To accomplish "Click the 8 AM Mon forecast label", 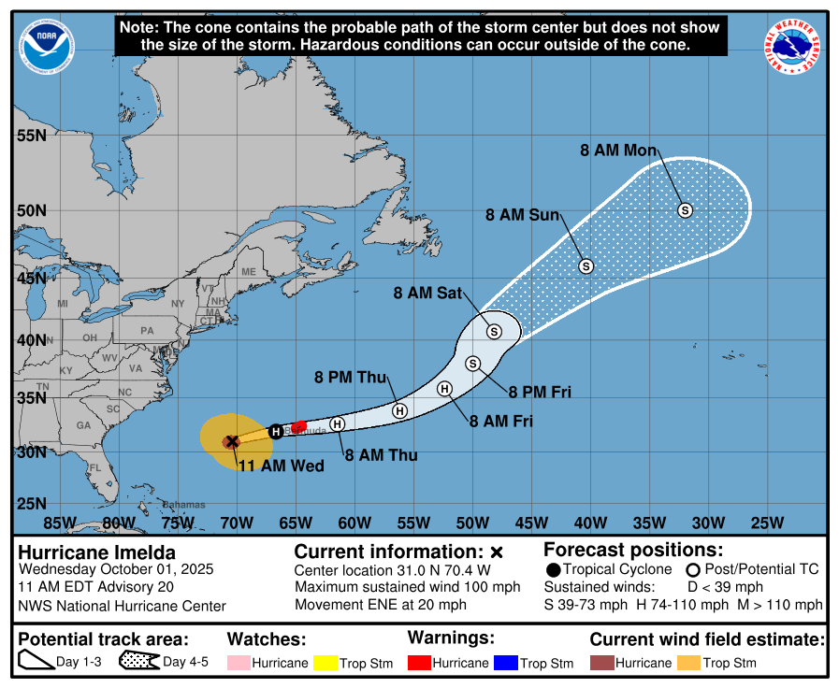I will click(618, 150).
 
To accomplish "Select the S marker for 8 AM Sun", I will click(586, 266).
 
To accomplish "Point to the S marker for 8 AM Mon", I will click(685, 210).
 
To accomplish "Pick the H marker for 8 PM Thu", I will click(399, 410).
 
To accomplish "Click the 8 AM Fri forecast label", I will click(500, 422).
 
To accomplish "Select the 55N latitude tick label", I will click(31, 136).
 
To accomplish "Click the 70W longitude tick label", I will click(237, 522).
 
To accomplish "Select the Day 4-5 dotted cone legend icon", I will click(138, 662).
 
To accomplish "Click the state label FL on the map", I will click(94, 468).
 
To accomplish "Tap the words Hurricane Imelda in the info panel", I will click(96, 552).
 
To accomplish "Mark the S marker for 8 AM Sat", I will click(494, 331).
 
